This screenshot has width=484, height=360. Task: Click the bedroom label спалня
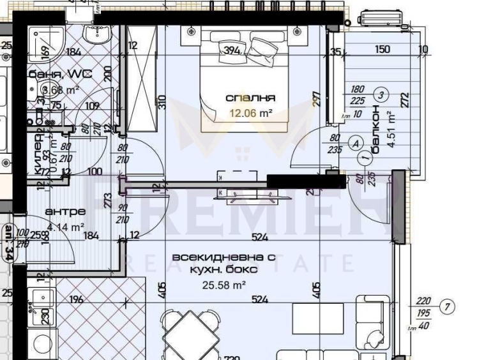coord(250,98)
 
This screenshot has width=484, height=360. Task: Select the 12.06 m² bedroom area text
coord(251,112)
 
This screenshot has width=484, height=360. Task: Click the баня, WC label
coord(60,74)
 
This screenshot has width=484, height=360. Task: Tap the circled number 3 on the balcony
coord(381,95)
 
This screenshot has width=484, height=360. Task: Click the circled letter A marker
coord(355,144)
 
